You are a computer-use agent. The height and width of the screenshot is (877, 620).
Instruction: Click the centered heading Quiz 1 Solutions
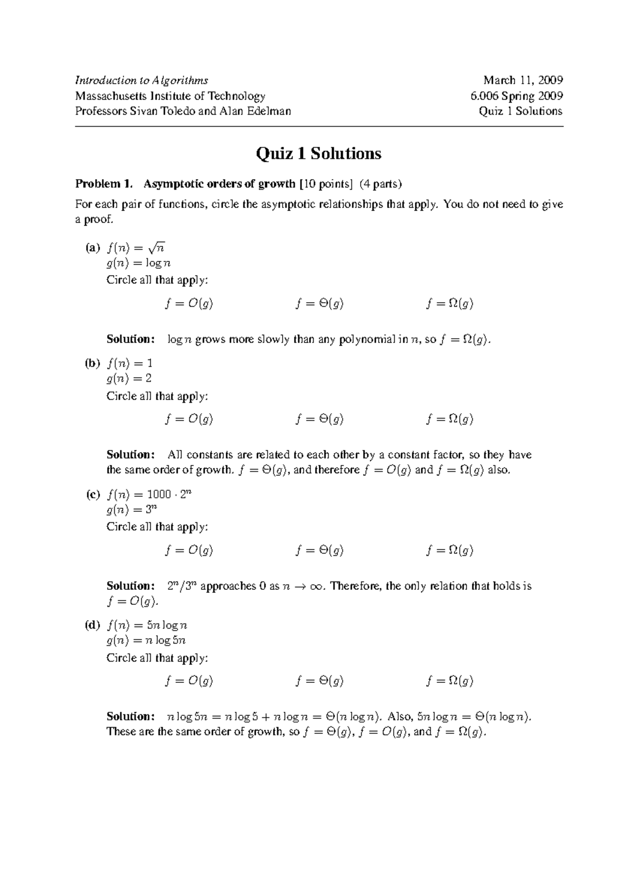[319, 153]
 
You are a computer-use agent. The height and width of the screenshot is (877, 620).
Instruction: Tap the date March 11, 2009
[523, 80]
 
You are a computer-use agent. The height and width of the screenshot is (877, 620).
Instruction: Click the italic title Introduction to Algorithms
[142, 80]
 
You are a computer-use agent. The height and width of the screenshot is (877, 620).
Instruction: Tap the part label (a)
[92, 248]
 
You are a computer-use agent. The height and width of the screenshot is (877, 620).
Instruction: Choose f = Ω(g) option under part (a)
[450, 304]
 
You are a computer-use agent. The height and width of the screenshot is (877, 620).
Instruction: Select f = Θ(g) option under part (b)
[319, 419]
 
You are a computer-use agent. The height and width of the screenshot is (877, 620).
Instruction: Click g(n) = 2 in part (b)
[129, 378]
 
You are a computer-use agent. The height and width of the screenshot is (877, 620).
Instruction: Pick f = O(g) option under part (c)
[189, 550]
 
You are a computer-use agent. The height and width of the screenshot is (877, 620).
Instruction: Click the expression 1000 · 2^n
[169, 494]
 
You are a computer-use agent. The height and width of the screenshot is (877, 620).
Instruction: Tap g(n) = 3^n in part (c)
[131, 509]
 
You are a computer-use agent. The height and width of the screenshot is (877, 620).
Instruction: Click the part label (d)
[92, 625]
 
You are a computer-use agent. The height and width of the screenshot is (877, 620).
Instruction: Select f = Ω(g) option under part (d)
[450, 681]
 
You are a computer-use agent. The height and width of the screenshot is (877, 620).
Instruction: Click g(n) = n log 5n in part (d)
[146, 640]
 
